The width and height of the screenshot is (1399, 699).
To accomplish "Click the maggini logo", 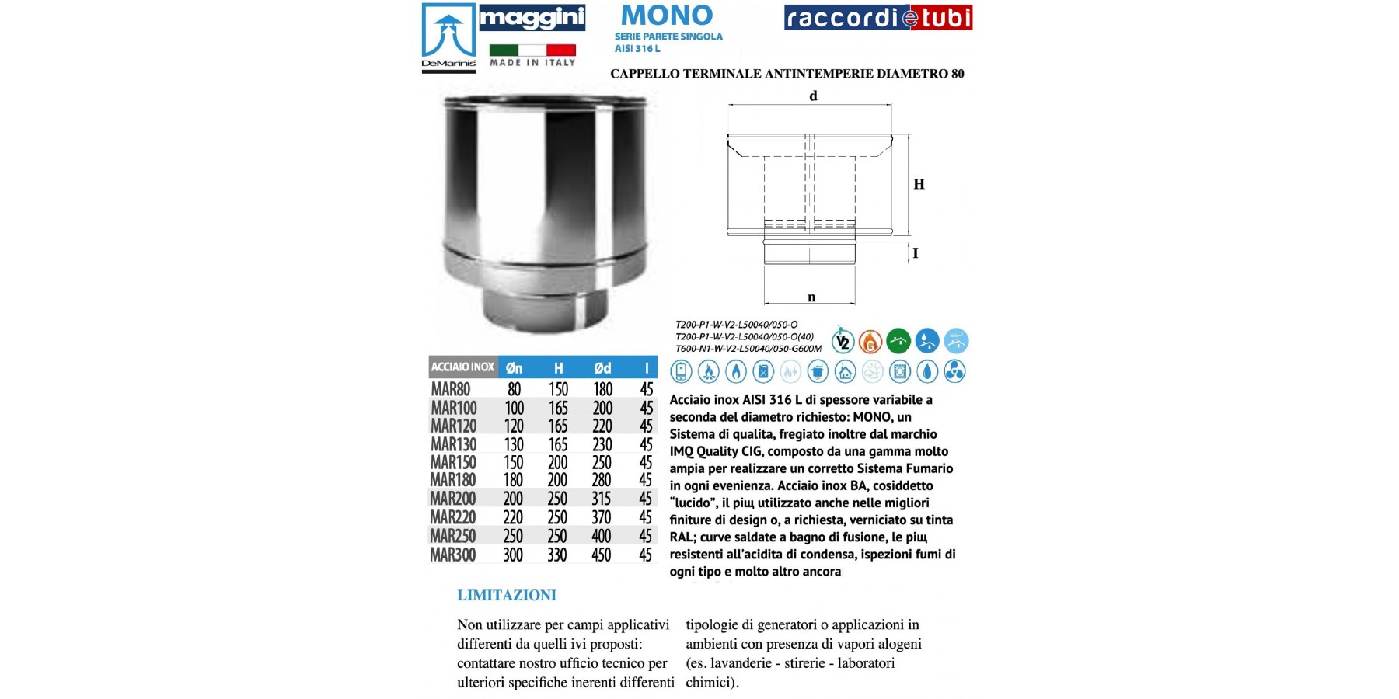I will tap(532, 18).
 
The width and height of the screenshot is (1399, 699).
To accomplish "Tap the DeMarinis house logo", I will tap(448, 37).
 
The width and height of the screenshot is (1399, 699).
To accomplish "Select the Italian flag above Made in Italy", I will tap(532, 50).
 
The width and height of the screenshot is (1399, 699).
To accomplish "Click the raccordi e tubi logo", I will tap(878, 18).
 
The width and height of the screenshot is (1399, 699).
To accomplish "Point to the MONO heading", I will tap(667, 16).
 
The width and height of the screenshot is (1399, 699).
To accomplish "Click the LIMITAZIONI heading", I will tap(507, 596).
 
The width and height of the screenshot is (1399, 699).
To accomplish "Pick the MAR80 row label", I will tap(451, 389).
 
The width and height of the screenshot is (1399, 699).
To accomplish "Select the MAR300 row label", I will tap(453, 555).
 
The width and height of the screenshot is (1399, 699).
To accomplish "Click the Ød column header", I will tap(602, 368).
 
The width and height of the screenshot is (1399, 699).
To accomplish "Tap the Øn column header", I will tap(514, 368).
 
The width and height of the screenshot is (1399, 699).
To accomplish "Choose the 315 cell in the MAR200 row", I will tap(602, 499).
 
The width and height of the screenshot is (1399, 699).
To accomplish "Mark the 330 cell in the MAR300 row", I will tap(557, 555).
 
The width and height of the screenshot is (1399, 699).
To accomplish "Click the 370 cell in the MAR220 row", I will tap(602, 517).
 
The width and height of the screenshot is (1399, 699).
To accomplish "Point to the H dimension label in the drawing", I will tap(919, 185).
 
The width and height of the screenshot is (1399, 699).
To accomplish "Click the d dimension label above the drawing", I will tap(813, 96).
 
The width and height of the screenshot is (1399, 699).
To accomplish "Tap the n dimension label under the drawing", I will tap(811, 297).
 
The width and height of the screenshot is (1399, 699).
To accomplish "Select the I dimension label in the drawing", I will tap(916, 253).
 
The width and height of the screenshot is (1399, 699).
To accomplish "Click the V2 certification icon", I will tap(843, 341).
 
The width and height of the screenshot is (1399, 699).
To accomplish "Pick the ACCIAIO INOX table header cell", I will tap(462, 367).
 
